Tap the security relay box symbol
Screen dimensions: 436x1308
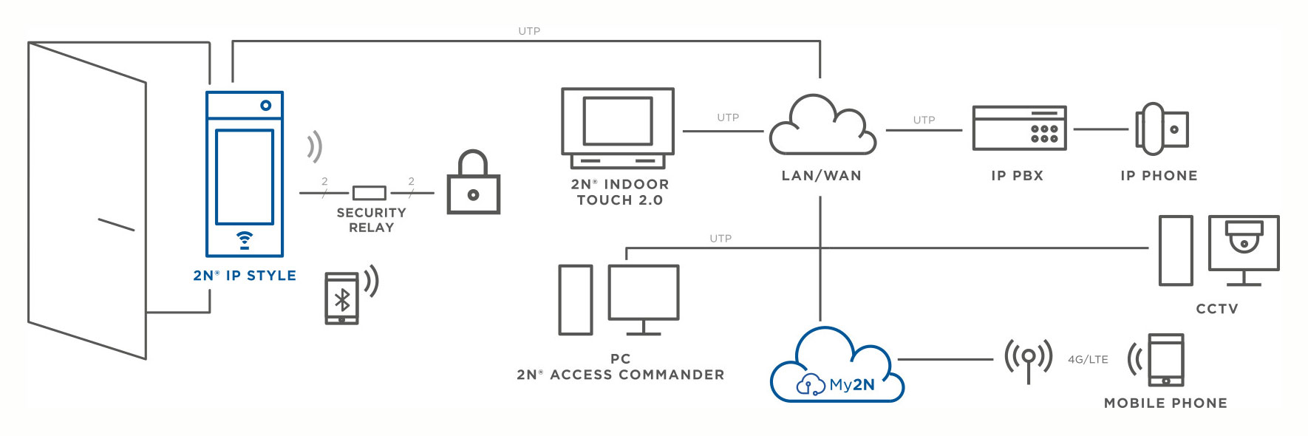click(369, 193)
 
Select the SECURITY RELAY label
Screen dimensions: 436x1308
click(371, 220)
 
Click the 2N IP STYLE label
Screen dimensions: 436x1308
click(245, 276)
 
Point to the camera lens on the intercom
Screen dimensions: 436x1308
click(265, 106)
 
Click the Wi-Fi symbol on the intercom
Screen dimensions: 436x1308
click(245, 239)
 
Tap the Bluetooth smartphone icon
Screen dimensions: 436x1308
click(342, 299)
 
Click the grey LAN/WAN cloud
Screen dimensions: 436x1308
click(822, 127)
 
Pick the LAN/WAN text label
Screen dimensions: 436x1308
click(822, 176)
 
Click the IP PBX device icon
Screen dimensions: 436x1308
click(1019, 128)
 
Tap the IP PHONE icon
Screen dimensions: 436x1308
click(1161, 129)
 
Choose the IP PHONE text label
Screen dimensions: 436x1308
click(1159, 176)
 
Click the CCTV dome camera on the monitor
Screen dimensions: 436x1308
click(1244, 236)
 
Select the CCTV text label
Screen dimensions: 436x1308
click(1217, 309)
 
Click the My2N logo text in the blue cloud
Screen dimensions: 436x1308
click(851, 385)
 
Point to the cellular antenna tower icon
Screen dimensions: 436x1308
click(1028, 359)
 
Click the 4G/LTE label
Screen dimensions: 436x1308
click(1088, 360)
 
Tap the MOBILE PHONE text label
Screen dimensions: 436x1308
click(1165, 403)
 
